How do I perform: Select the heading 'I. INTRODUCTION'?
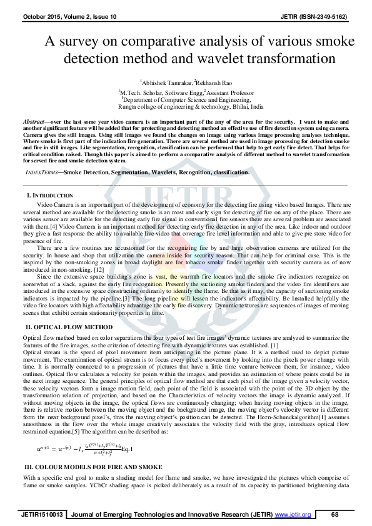(48, 196)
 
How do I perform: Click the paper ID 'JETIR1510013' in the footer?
(43, 514)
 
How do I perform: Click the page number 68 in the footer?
(335, 514)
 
